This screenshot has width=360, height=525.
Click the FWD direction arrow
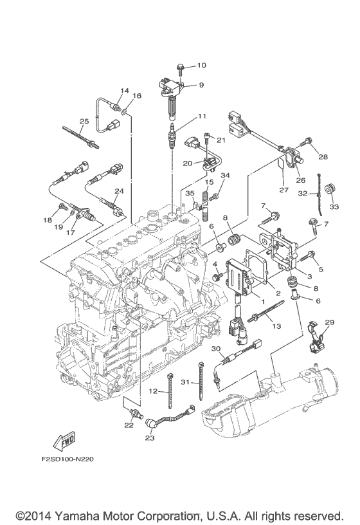(x=64, y=441)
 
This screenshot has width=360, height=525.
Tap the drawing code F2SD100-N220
(x=67, y=459)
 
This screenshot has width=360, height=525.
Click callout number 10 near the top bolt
(x=201, y=65)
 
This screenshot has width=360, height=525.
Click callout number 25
(x=84, y=121)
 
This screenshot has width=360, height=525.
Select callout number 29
(x=330, y=322)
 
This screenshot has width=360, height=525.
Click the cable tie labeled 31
(x=201, y=381)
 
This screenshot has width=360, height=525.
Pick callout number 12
(x=153, y=391)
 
